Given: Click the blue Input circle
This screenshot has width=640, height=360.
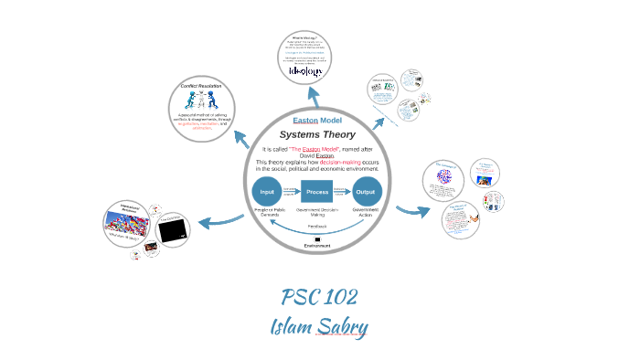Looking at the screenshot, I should click(x=267, y=193).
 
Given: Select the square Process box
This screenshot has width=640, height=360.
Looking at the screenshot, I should click(x=317, y=193).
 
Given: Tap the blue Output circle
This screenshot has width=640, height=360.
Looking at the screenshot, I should click(x=366, y=193).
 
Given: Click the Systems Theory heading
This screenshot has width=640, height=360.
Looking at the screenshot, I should click(x=317, y=134).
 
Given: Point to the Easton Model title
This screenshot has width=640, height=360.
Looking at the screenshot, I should click(x=317, y=121).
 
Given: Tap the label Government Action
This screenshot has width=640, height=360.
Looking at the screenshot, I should click(x=366, y=214).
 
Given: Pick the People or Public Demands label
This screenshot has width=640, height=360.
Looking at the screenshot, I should click(x=267, y=214).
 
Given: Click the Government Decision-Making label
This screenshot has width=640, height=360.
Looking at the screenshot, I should click(x=317, y=214).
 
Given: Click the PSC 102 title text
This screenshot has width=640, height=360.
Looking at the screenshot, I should click(x=319, y=297).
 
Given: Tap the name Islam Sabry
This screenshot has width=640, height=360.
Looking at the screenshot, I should click(x=319, y=325).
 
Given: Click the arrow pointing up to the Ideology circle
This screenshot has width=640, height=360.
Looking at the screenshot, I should click(x=314, y=94).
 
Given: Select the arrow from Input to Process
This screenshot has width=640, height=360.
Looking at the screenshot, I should click(x=291, y=193).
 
